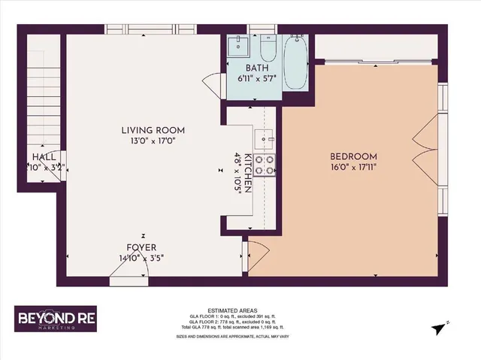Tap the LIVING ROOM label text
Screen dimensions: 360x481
[x=153, y=130]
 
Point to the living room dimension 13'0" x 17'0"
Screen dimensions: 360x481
[x=153, y=141]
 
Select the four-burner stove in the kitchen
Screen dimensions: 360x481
[x=264, y=165]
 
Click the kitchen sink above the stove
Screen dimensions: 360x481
[x=264, y=138]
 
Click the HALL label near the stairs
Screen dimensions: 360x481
[x=42, y=157]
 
